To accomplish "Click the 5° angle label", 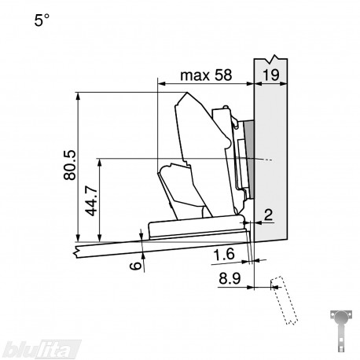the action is [x=42, y=20].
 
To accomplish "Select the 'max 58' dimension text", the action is [x=206, y=75].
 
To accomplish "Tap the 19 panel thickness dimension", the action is [x=271, y=75].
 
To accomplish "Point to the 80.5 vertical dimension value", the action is [x=70, y=165].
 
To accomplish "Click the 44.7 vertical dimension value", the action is [x=92, y=200].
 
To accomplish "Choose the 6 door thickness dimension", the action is [x=136, y=266].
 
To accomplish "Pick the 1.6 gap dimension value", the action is [x=223, y=255].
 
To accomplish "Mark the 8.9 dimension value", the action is [x=230, y=278].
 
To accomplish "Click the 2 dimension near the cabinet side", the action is [x=269, y=215].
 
